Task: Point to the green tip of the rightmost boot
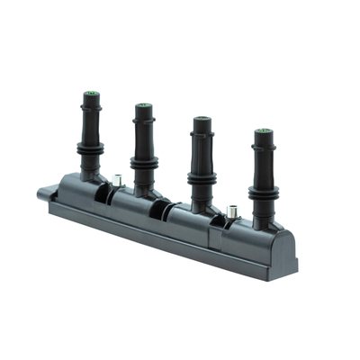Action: coord(263,131)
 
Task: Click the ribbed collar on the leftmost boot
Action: coord(90,148)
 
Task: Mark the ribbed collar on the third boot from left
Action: coord(202,177)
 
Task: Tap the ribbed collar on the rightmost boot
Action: coord(264,192)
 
